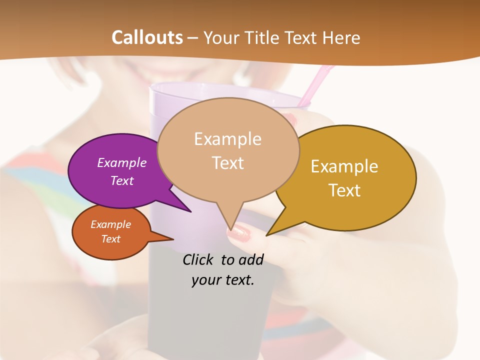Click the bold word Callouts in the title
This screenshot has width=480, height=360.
coord(147,37)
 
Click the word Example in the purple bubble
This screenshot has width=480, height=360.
coord(121,163)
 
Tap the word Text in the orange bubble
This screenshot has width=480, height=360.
coord(110,239)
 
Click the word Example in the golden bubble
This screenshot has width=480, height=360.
coord(344,166)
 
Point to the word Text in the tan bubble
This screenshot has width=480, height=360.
coord(228,163)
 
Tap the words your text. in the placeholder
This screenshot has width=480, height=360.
coord(222,280)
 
